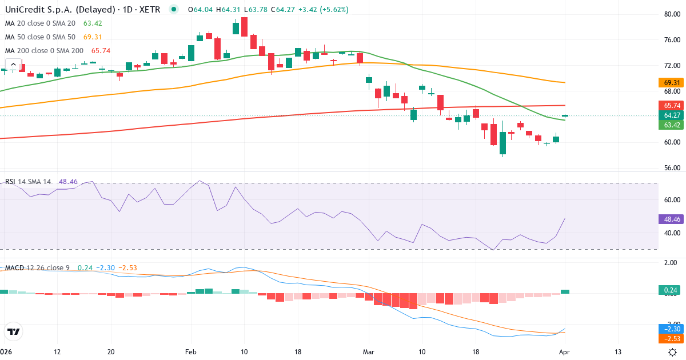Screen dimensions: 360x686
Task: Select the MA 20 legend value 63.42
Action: click(93, 23)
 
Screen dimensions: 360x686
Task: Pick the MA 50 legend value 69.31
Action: click(93, 37)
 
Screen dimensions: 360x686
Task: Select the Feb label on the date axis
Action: click(191, 352)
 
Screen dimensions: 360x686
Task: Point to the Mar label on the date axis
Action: click(368, 352)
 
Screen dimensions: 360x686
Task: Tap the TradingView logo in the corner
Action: click(14, 331)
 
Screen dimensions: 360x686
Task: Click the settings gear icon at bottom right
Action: click(673, 352)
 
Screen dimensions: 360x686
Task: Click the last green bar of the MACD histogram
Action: click(565, 291)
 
